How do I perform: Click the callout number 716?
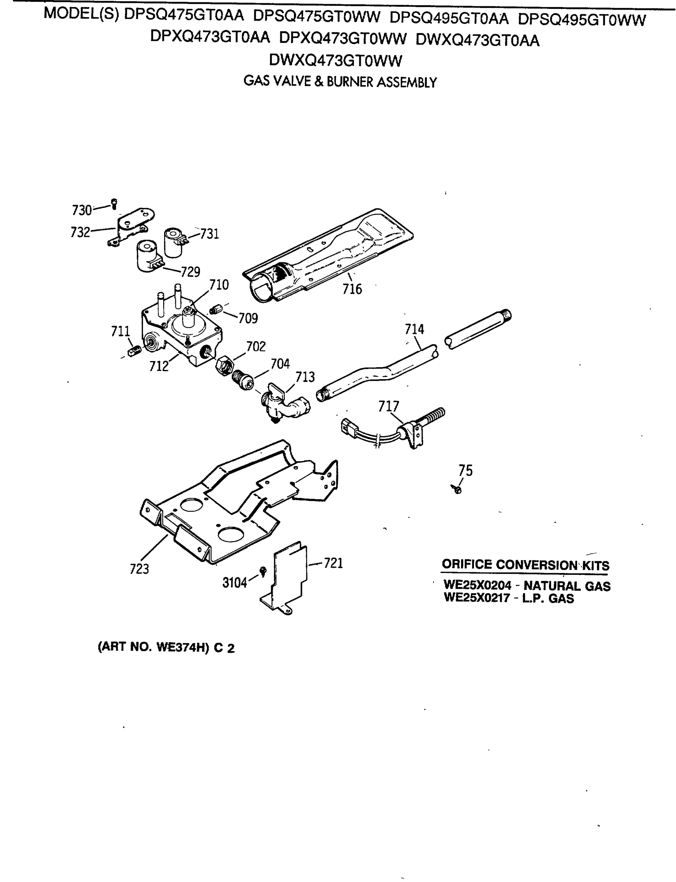(352, 288)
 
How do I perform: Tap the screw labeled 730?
(114, 204)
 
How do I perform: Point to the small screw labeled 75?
(457, 490)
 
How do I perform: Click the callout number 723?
(139, 569)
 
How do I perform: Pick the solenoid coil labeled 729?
(148, 256)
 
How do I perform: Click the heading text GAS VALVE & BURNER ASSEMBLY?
(340, 82)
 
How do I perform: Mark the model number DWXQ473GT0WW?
(335, 61)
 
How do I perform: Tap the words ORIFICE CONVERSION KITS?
(525, 564)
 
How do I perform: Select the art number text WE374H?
(181, 647)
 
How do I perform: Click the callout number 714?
(414, 329)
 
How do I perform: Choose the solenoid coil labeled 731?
(174, 243)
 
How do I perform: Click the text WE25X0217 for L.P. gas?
(477, 598)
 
